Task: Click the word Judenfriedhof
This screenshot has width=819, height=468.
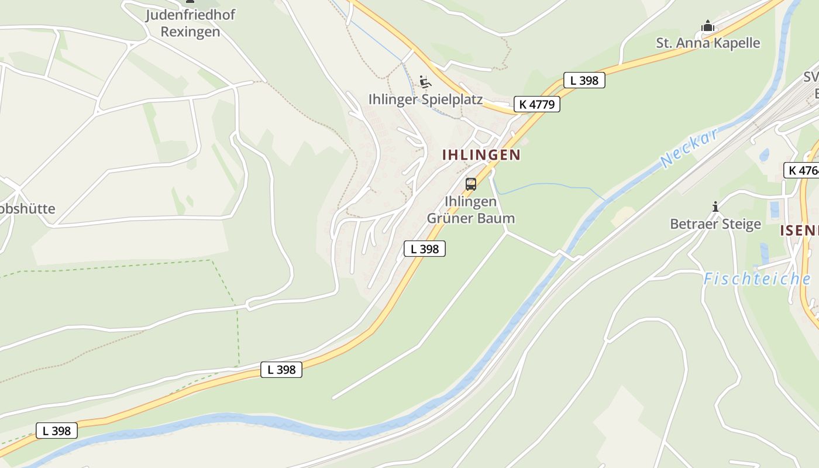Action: [x=190, y=15]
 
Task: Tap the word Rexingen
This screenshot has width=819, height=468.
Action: [x=190, y=32]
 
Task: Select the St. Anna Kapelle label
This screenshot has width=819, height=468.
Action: [x=708, y=43]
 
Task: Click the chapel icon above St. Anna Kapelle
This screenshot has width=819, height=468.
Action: [x=708, y=26]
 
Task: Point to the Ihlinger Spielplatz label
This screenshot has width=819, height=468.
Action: [x=425, y=99]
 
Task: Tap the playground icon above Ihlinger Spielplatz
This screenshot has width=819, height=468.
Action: [x=425, y=82]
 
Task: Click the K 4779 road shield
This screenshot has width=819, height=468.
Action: [x=536, y=104]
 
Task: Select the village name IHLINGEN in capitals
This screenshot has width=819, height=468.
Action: [x=481, y=155]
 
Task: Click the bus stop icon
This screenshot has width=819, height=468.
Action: [x=471, y=184]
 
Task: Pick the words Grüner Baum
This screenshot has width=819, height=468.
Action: [x=471, y=218]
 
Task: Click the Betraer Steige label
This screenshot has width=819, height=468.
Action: [x=715, y=224]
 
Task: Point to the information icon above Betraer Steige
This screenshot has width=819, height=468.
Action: [x=715, y=207]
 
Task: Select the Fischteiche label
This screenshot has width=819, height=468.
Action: [x=756, y=279]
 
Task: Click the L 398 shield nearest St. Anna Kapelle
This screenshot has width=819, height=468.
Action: [x=584, y=80]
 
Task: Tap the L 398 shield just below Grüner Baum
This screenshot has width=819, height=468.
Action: [x=425, y=249]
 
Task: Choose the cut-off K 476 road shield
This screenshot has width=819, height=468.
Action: [x=801, y=170]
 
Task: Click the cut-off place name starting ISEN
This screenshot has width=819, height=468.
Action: [x=799, y=230]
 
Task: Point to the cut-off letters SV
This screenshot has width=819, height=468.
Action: [x=811, y=78]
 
